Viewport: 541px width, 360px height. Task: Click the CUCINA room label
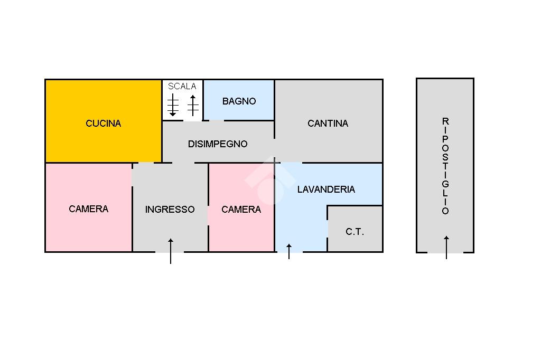104,124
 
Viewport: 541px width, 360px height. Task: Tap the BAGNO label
239,101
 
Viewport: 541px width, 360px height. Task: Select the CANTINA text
328,124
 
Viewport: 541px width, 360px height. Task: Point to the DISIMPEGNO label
218,144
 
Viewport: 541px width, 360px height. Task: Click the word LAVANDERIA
326,190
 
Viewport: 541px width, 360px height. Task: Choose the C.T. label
355,232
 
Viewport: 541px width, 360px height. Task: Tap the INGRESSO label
170,210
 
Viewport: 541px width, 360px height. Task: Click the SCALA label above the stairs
182,86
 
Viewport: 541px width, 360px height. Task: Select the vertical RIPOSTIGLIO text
445,166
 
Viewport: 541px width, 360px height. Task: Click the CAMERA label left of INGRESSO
88,209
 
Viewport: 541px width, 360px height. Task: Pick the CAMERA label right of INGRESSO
241,210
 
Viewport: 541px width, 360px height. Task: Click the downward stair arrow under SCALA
173,105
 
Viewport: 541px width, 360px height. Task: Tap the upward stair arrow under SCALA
193,105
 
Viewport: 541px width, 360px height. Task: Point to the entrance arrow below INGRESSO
171,251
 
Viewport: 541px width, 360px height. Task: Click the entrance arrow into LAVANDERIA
288,251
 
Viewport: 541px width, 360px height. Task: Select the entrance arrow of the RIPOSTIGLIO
446,247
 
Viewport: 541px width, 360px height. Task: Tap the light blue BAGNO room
239,111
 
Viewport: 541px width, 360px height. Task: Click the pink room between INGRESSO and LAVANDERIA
241,232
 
